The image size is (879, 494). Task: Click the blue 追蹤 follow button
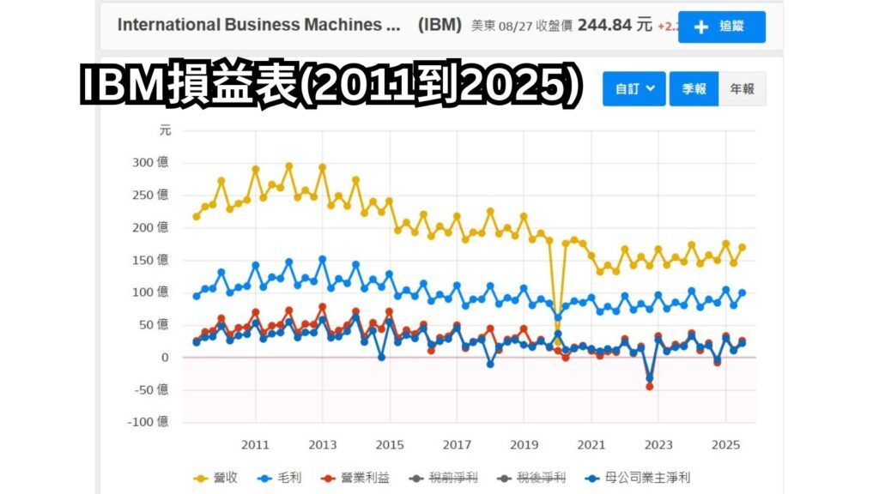(x=721, y=27)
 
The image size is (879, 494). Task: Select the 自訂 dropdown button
(x=633, y=89)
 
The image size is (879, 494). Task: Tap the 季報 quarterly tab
(x=694, y=89)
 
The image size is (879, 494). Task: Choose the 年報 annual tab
(x=742, y=89)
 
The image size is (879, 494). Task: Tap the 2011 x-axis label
(x=255, y=444)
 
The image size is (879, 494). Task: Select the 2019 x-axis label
(x=524, y=444)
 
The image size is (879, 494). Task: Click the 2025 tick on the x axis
(x=725, y=444)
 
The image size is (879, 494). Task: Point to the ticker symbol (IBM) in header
(x=439, y=25)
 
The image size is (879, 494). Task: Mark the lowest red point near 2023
(x=650, y=387)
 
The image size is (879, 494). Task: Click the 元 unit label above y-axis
(x=165, y=130)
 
